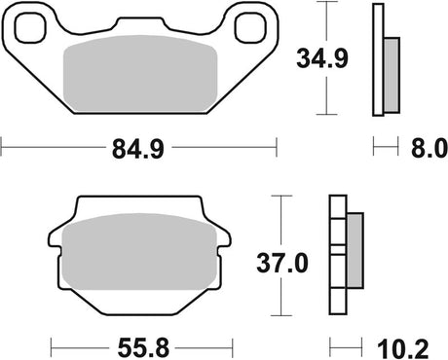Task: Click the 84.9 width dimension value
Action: click(x=140, y=149)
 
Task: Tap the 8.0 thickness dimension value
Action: click(x=428, y=149)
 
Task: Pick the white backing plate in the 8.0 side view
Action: click(x=377, y=58)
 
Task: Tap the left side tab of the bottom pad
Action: click(x=56, y=237)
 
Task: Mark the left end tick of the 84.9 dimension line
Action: click(x=4, y=149)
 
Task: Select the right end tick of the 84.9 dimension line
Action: click(x=279, y=149)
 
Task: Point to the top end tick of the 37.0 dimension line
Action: click(x=281, y=196)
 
